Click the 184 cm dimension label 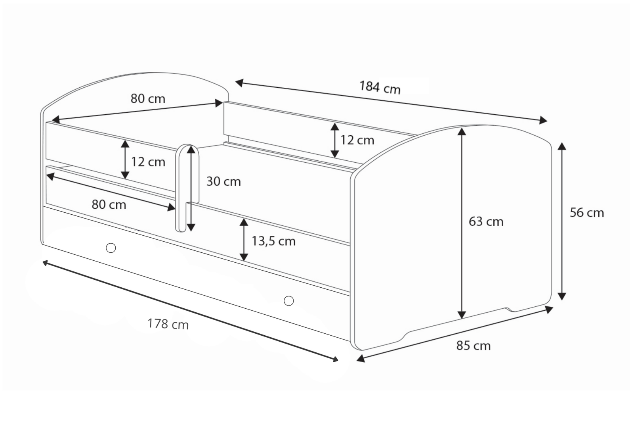coord(380,87)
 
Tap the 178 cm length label coord(168,324)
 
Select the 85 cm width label coord(474,346)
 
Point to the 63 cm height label coord(486,222)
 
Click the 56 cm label coord(587,213)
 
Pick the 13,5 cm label coord(274,241)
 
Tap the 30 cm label coord(223,181)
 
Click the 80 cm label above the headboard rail coord(148,99)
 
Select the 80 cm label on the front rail coord(109,204)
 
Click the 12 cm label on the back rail coord(357,140)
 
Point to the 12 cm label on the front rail coord(148,162)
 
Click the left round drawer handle coord(111,248)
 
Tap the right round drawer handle coord(289,300)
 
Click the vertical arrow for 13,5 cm coord(244,240)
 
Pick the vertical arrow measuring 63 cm coord(462,223)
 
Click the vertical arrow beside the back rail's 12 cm coord(335,140)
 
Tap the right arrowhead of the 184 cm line coord(543,120)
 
